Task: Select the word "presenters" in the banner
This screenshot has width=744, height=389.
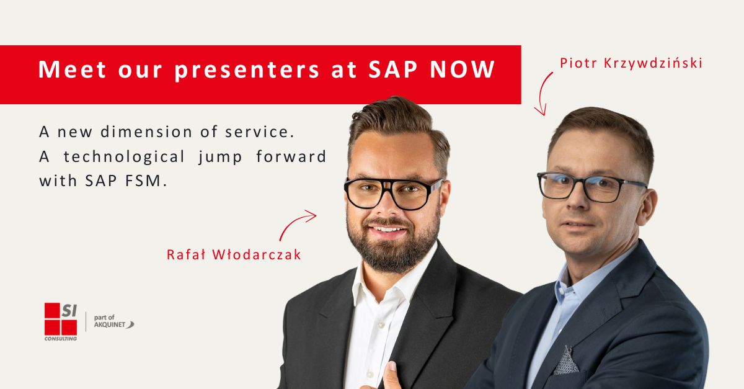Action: (247, 70)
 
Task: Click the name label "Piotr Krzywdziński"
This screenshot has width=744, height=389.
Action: (631, 63)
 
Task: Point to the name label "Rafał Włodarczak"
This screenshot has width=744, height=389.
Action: (234, 254)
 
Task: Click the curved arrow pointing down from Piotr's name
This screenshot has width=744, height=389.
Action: (541, 93)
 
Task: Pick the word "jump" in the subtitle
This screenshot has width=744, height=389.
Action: (221, 157)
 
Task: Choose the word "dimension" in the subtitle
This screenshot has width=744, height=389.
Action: (146, 132)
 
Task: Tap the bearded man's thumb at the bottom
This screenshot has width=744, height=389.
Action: (392, 376)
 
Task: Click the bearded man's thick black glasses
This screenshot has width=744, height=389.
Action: (394, 194)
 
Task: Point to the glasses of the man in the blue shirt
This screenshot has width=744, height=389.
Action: (592, 187)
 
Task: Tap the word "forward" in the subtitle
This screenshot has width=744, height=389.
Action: (291, 156)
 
